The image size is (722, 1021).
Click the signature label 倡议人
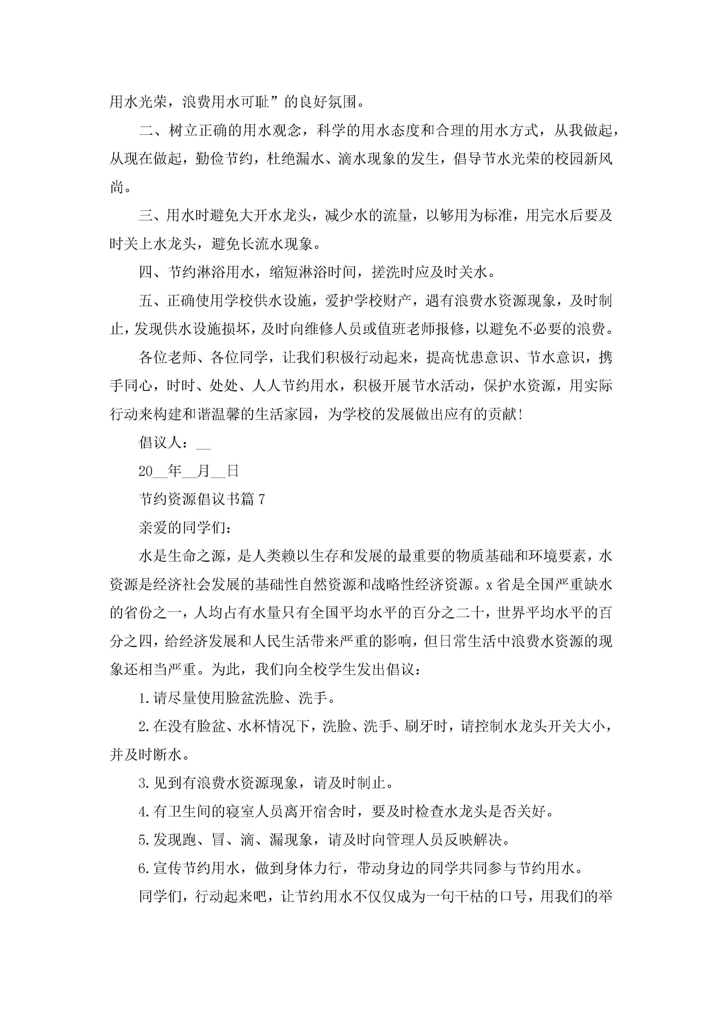(x=160, y=442)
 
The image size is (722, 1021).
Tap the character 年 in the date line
(x=175, y=471)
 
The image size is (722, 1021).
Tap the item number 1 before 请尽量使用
(x=143, y=699)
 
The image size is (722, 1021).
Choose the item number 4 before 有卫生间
(x=143, y=812)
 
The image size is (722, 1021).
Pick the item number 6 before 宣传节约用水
(x=143, y=868)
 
